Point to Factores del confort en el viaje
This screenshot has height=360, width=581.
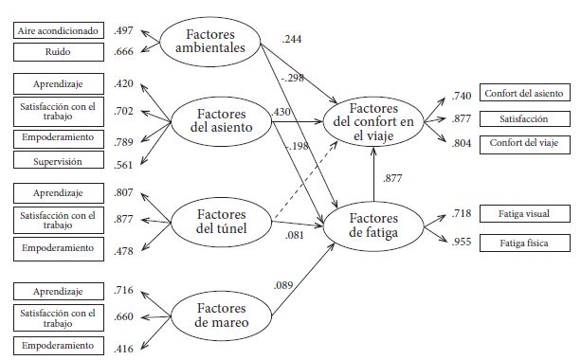373,121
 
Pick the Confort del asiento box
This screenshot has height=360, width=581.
524,93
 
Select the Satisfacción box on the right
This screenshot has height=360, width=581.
524,119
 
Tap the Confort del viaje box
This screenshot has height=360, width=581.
524,144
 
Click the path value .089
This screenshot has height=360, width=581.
283,284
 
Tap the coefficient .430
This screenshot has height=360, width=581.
281,112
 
